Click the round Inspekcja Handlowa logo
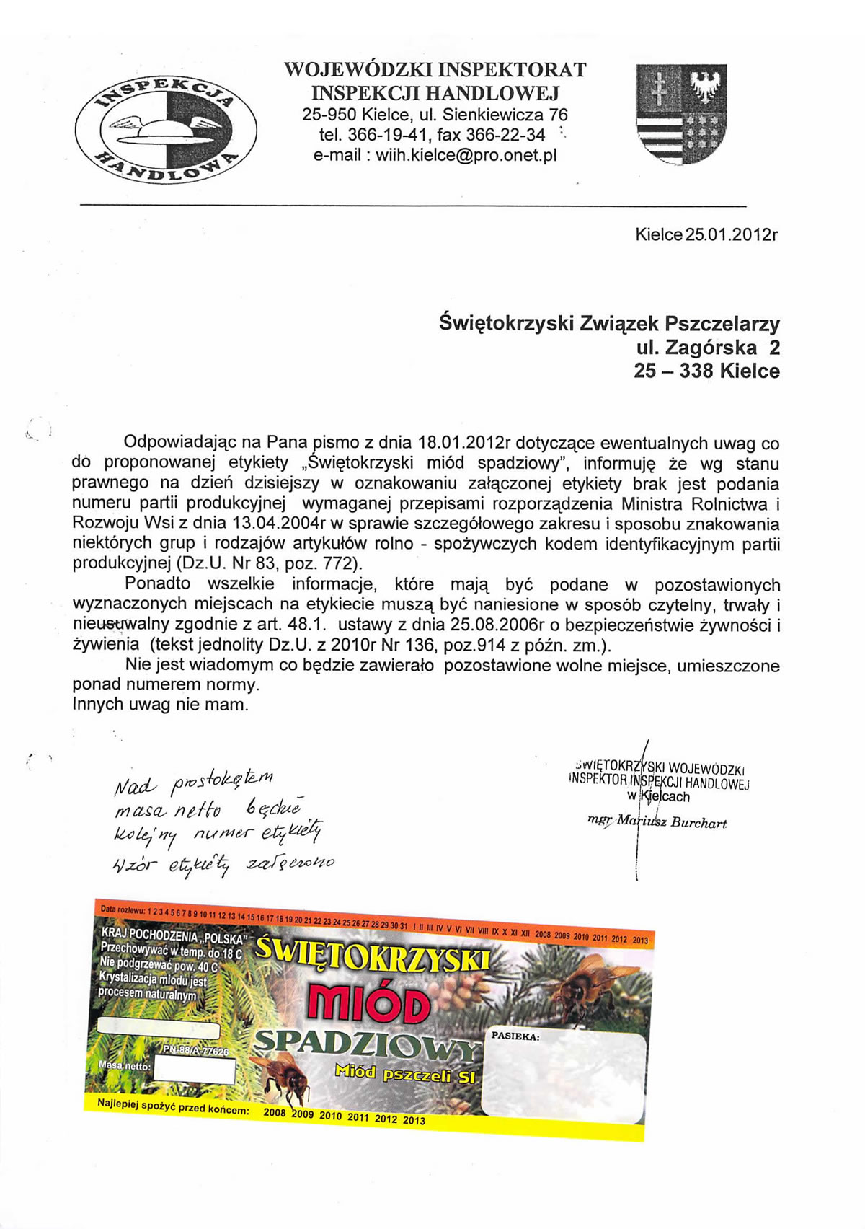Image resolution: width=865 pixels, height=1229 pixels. click(x=166, y=126)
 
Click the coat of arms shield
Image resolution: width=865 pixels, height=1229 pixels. click(x=680, y=113)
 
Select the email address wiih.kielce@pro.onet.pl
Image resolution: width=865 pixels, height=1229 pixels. click(x=435, y=156)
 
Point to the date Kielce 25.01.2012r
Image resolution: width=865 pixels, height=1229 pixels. click(x=706, y=235)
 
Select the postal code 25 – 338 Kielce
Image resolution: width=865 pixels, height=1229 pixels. click(x=706, y=371)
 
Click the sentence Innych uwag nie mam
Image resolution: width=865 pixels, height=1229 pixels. click(x=160, y=704)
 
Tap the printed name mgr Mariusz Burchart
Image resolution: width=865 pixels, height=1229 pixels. click(x=657, y=822)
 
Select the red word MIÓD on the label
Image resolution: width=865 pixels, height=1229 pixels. click(x=368, y=1005)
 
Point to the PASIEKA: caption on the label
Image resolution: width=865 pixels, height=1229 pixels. click(x=515, y=1036)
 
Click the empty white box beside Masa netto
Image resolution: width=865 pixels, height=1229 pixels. click(x=194, y=1070)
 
